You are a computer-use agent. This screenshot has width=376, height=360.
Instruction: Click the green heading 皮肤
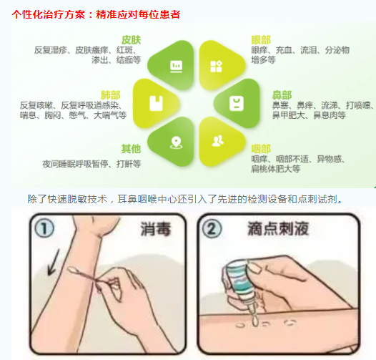click(x=131, y=40)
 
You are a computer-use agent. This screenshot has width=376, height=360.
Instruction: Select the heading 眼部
click(x=261, y=40)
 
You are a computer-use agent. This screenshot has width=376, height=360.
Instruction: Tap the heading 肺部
click(x=111, y=95)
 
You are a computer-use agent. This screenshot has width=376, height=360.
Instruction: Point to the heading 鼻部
click(x=282, y=95)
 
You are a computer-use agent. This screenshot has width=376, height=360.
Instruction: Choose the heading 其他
click(x=131, y=149)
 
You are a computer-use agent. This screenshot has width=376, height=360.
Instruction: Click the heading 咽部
click(x=261, y=149)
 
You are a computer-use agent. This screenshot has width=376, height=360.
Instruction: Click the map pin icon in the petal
click(x=176, y=142)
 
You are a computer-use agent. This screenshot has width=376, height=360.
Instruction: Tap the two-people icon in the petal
click(x=218, y=141)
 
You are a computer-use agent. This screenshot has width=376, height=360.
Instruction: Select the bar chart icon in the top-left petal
click(x=177, y=67)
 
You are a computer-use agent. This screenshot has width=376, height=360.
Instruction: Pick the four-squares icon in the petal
click(x=216, y=67)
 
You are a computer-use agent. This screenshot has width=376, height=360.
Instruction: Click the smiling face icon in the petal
click(x=237, y=104)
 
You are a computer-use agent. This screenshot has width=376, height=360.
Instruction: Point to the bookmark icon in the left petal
click(x=156, y=104)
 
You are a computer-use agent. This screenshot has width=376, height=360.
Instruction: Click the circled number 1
click(x=44, y=228)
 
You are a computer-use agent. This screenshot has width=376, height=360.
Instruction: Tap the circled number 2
click(x=212, y=228)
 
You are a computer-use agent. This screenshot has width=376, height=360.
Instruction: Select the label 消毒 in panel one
click(x=155, y=229)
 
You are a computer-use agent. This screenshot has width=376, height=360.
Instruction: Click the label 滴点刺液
click(x=278, y=228)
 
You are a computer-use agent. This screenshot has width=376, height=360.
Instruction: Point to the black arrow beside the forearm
click(x=54, y=262)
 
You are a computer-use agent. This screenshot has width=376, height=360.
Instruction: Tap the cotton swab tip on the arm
click(x=71, y=271)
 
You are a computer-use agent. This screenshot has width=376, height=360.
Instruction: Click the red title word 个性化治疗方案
click(x=49, y=14)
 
